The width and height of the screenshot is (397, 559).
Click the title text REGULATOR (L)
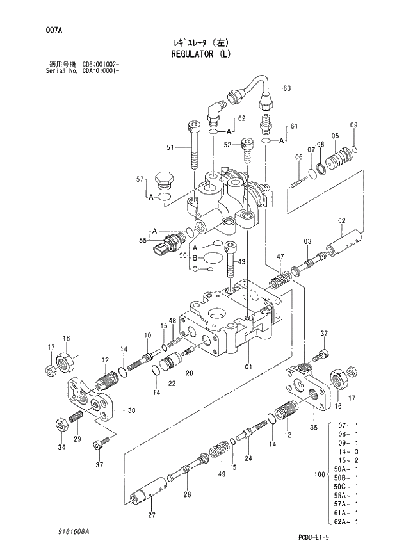point(199,54)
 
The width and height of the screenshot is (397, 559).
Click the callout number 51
point(170,148)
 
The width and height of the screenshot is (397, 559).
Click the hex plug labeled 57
point(164,180)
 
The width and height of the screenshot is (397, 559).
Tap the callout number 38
point(131,410)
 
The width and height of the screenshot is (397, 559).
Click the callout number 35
point(313,426)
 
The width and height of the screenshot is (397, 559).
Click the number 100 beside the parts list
point(318,474)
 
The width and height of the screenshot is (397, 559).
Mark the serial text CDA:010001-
point(101,70)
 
